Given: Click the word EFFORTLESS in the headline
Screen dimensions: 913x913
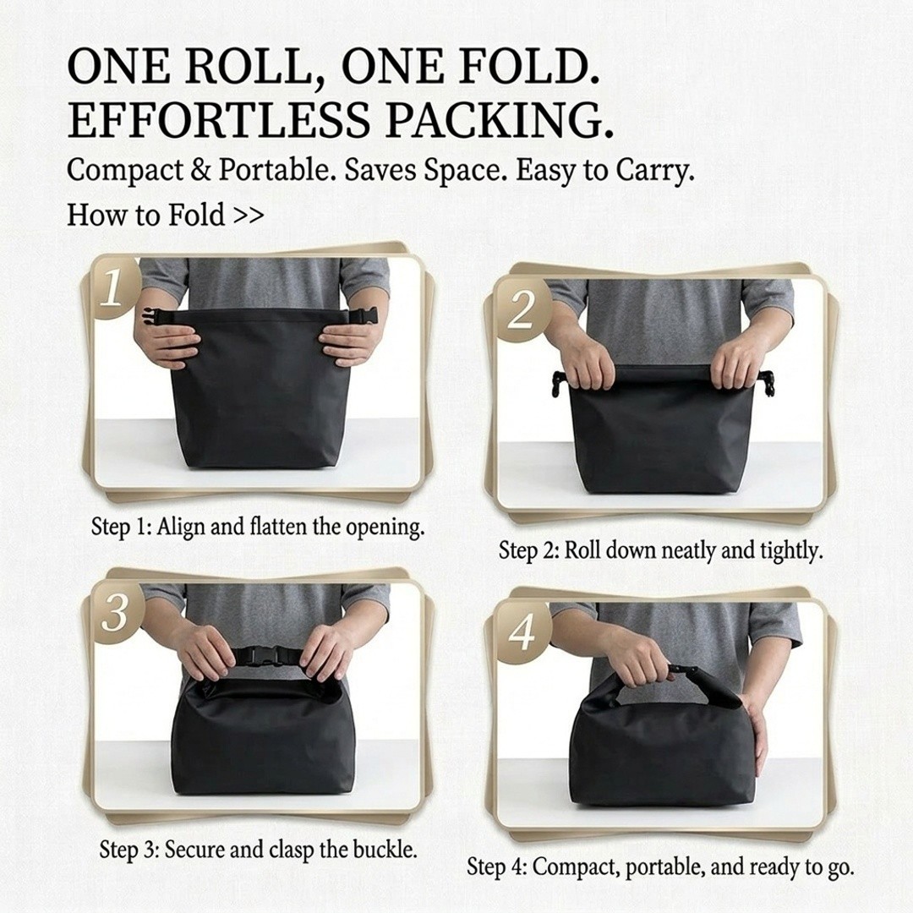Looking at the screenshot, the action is click(218, 120).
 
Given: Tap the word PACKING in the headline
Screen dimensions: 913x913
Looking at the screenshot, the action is click(499, 120).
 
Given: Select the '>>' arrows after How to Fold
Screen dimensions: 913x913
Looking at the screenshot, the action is click(249, 216).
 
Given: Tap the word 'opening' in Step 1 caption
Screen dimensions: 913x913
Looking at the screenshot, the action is click(385, 528).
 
